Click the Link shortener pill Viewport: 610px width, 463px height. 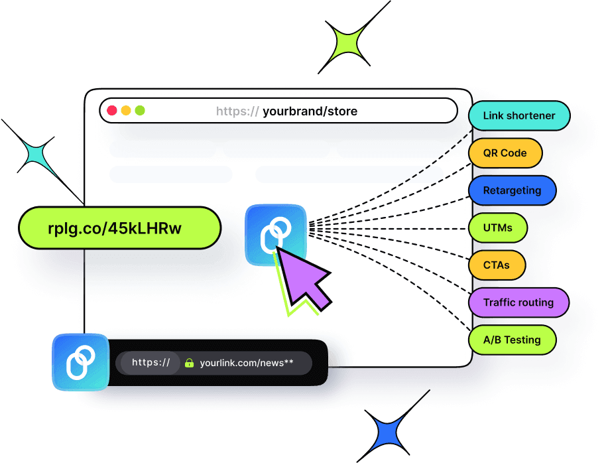pyautogui.click(x=518, y=115)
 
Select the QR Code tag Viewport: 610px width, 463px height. pyautogui.click(x=505, y=153)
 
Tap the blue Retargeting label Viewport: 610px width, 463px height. pyautogui.click(x=512, y=190)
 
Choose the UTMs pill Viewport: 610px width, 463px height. pyautogui.click(x=498, y=228)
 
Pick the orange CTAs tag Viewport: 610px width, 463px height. pyautogui.click(x=497, y=265)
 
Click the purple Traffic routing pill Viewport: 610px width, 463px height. pyautogui.click(x=518, y=302)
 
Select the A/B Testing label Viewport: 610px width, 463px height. pyautogui.click(x=512, y=340)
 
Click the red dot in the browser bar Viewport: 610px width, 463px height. pyautogui.click(x=112, y=111)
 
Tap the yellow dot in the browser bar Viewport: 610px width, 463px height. pyautogui.click(x=126, y=111)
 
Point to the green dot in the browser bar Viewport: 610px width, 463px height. pyautogui.click(x=140, y=111)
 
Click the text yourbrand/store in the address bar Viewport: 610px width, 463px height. pyautogui.click(x=310, y=111)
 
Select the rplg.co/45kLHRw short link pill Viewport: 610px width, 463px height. pyautogui.click(x=119, y=228)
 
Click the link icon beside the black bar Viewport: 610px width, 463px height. pyautogui.click(x=81, y=362)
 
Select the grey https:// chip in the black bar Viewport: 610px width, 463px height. pyautogui.click(x=151, y=363)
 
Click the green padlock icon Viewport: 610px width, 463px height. pyautogui.click(x=189, y=363)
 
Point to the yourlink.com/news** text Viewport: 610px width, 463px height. pyautogui.click(x=246, y=363)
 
